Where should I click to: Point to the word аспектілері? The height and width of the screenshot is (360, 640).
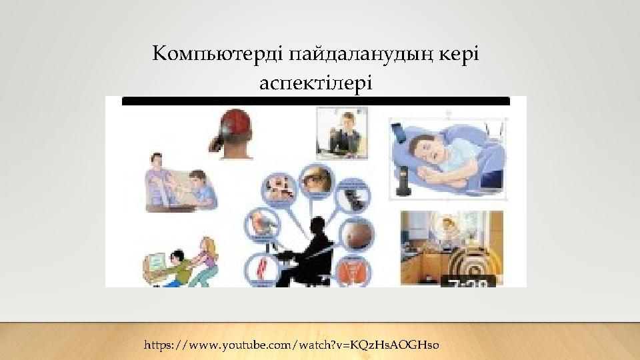315,83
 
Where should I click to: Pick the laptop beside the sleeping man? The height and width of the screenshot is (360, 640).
491,178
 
